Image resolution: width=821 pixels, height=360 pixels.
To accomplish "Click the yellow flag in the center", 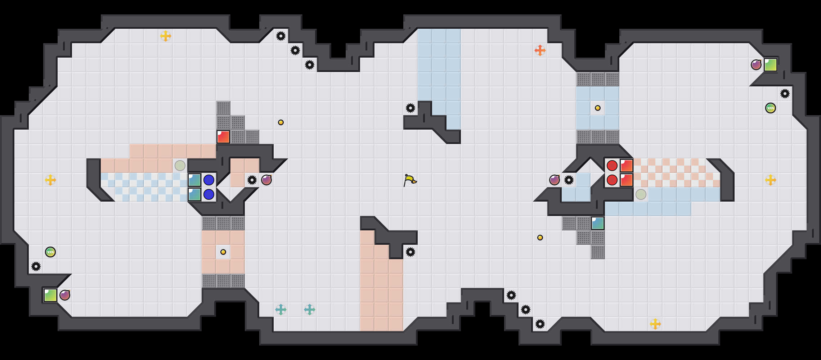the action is (410, 180).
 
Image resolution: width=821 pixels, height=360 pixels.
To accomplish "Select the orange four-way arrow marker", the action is (540, 50).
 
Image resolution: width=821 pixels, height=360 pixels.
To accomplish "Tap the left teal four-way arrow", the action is (281, 310).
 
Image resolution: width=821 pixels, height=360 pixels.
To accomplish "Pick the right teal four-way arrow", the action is (310, 310).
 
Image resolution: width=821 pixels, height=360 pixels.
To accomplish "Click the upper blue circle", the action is (209, 180).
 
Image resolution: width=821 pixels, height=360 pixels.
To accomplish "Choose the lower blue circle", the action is (209, 194).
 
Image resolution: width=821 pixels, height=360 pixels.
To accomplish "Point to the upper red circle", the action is (612, 166).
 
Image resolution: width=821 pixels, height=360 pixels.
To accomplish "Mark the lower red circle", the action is (612, 180).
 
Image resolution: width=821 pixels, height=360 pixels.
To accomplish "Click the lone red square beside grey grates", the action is (223, 137).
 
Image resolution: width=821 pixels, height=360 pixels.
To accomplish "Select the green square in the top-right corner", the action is (771, 65).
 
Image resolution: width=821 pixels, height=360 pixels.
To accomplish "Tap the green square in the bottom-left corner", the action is (50, 295).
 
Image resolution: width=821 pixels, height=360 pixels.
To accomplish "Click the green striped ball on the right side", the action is (771, 108).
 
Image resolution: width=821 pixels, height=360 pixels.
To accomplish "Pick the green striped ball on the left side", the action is (50, 252).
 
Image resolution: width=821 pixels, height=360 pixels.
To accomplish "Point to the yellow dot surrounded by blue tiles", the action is (598, 108).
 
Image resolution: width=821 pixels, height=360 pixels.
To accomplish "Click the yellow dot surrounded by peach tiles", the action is (223, 252).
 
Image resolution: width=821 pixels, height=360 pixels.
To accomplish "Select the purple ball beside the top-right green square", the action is (756, 65).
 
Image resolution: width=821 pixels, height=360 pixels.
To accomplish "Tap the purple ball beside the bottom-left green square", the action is (65, 295).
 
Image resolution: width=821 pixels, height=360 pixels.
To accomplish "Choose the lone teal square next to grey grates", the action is (598, 223).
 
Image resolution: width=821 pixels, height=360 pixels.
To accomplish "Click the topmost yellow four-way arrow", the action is (166, 36).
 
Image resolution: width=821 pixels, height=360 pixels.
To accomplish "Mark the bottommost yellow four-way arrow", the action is (655, 324).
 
